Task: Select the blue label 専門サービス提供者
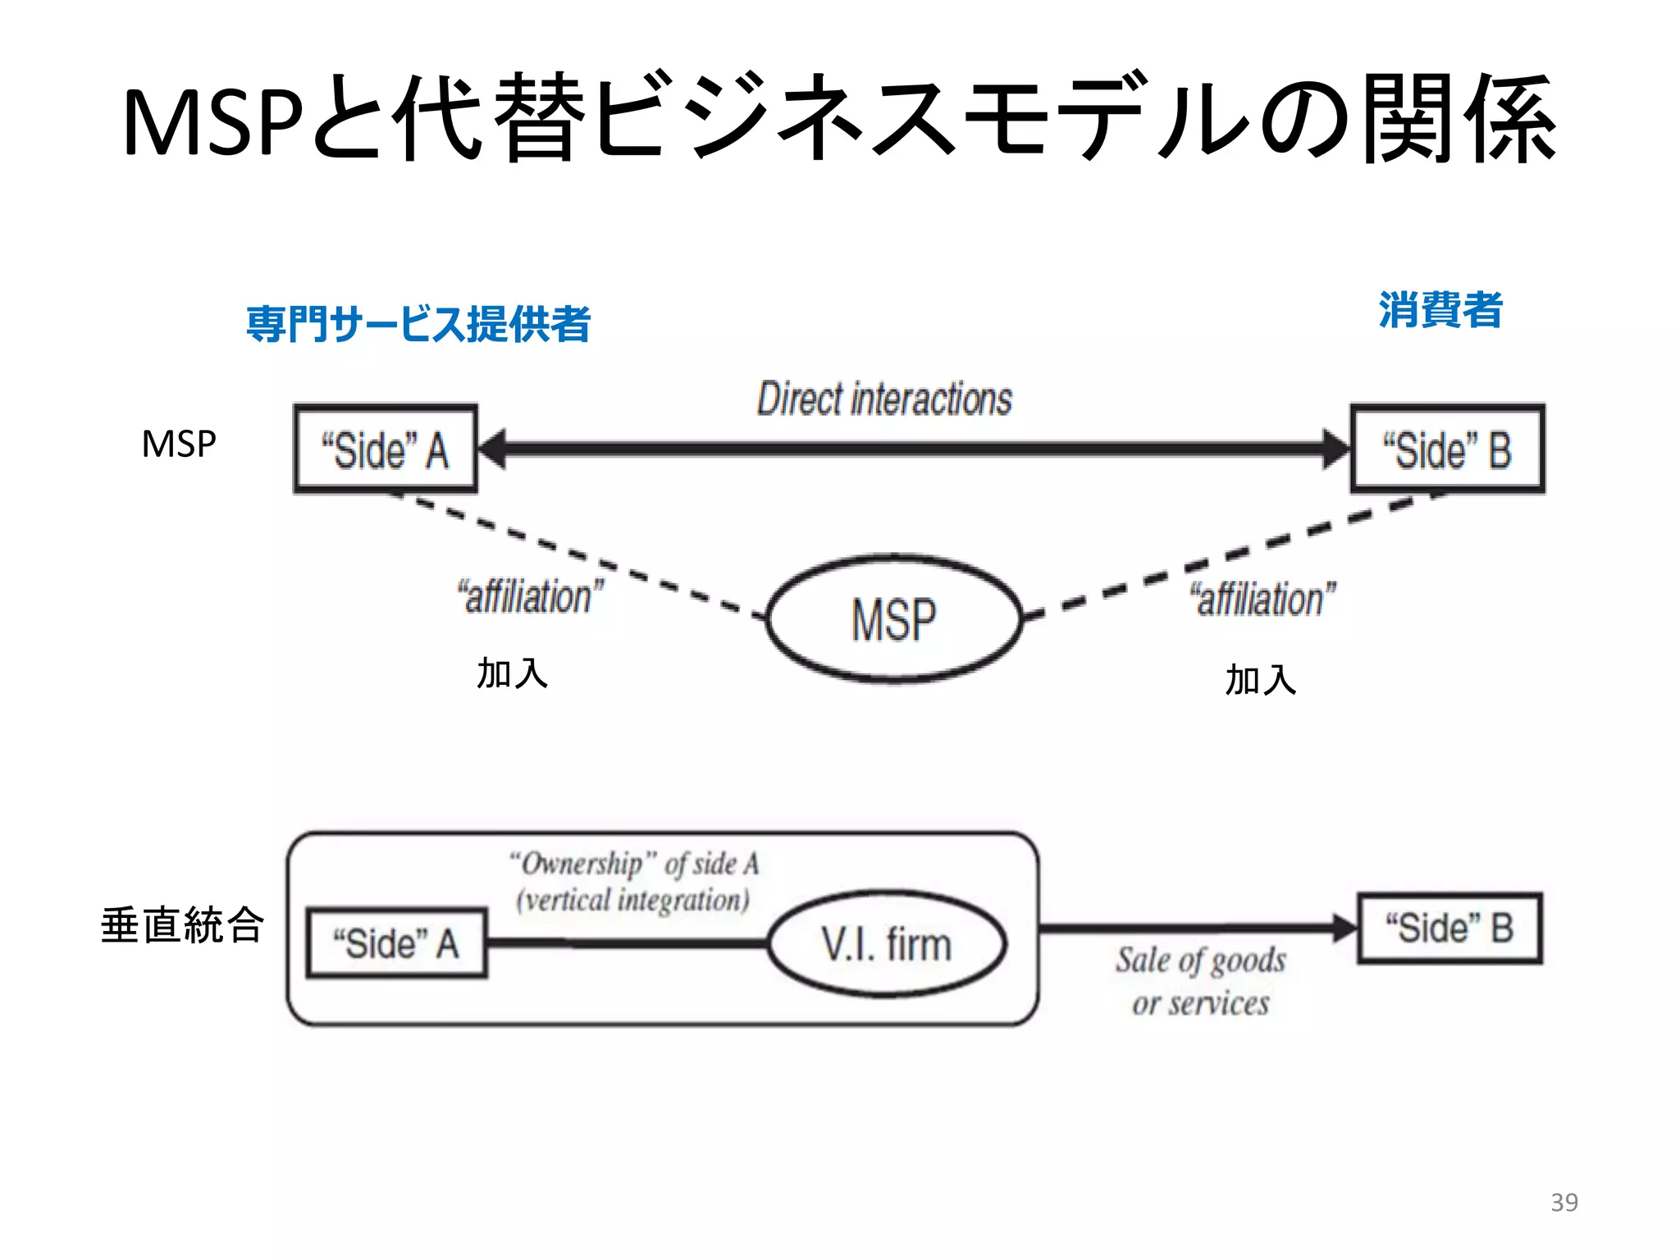(418, 324)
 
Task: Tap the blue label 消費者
(1440, 310)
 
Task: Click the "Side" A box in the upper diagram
(386, 450)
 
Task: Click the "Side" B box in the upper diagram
(1447, 450)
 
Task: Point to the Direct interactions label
(884, 399)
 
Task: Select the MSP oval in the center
(894, 619)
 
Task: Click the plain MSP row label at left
(179, 444)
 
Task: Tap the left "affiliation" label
(530, 596)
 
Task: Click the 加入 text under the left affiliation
(512, 673)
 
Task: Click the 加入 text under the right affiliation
(1260, 680)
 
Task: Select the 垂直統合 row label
(182, 925)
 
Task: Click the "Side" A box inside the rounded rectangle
(396, 943)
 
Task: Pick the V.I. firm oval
(887, 943)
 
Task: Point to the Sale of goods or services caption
(1200, 981)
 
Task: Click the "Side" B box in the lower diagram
(1449, 928)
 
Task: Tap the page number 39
(1564, 1202)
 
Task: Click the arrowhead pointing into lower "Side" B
(1344, 928)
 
